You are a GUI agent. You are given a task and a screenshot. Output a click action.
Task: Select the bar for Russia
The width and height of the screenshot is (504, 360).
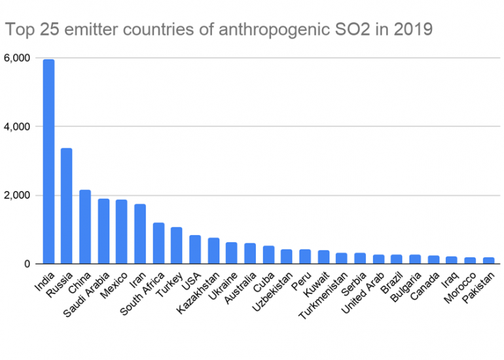click(x=67, y=206)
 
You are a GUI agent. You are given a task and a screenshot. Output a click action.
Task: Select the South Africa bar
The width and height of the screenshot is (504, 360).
click(x=158, y=243)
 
